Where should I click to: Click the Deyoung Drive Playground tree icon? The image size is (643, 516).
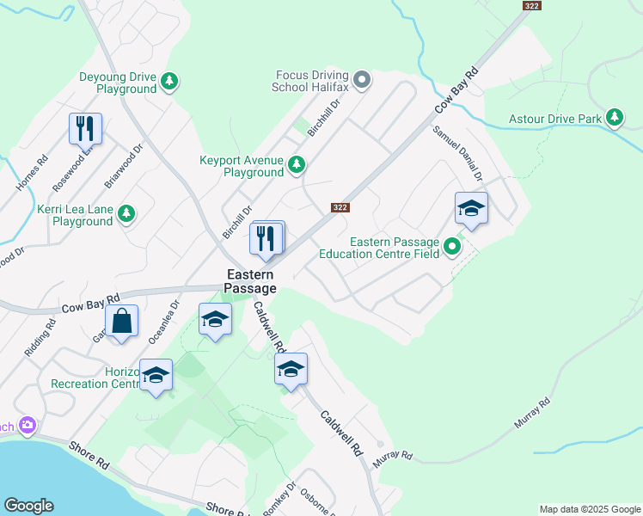170,82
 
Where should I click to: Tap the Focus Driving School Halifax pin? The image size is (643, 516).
363,82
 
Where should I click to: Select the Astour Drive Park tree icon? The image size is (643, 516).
614,116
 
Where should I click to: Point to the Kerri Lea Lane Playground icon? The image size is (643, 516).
126,213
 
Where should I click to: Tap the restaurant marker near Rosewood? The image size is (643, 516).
85,129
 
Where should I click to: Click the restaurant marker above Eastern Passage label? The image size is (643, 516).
266,238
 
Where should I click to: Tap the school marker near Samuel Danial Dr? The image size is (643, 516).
471,208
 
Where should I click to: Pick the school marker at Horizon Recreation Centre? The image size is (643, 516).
156,376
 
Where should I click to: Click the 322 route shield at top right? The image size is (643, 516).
530,6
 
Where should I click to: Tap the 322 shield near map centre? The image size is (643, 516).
340,207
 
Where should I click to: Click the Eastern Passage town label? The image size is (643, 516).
252,281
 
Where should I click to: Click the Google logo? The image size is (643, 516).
28,506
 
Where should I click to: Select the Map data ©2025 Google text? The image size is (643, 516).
589,509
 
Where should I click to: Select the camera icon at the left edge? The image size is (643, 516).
27,426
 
